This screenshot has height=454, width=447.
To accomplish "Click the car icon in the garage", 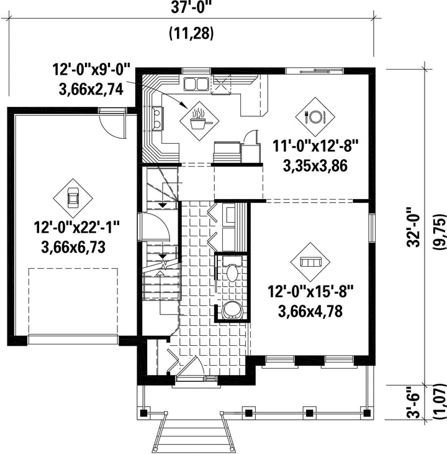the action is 73,198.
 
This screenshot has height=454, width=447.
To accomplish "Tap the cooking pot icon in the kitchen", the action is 200,120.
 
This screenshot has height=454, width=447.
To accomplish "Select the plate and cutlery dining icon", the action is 315,117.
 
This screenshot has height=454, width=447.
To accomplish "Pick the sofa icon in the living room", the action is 310,262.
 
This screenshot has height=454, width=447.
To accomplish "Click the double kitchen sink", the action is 196,84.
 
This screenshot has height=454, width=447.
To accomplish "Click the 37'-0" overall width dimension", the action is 189,7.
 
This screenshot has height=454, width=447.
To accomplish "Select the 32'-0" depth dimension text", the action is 413,227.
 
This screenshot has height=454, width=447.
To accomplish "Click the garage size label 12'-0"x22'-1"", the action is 77,227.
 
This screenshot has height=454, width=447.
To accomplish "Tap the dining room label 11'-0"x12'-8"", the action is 315,146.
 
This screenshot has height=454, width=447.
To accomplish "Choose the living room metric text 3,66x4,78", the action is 310,311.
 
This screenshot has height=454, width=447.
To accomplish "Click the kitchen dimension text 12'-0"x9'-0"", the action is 92,70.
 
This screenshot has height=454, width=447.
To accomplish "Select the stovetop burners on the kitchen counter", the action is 158,118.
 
